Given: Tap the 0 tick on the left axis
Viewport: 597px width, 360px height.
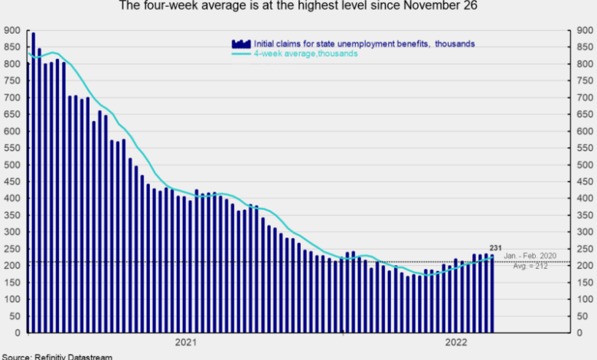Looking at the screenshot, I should click(18, 333).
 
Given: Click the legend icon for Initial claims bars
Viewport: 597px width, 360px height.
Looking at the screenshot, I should click(241, 44).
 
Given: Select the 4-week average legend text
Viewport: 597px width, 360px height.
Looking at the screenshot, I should click(305, 54).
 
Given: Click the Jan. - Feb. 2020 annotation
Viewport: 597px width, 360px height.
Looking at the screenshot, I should click(530, 256).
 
